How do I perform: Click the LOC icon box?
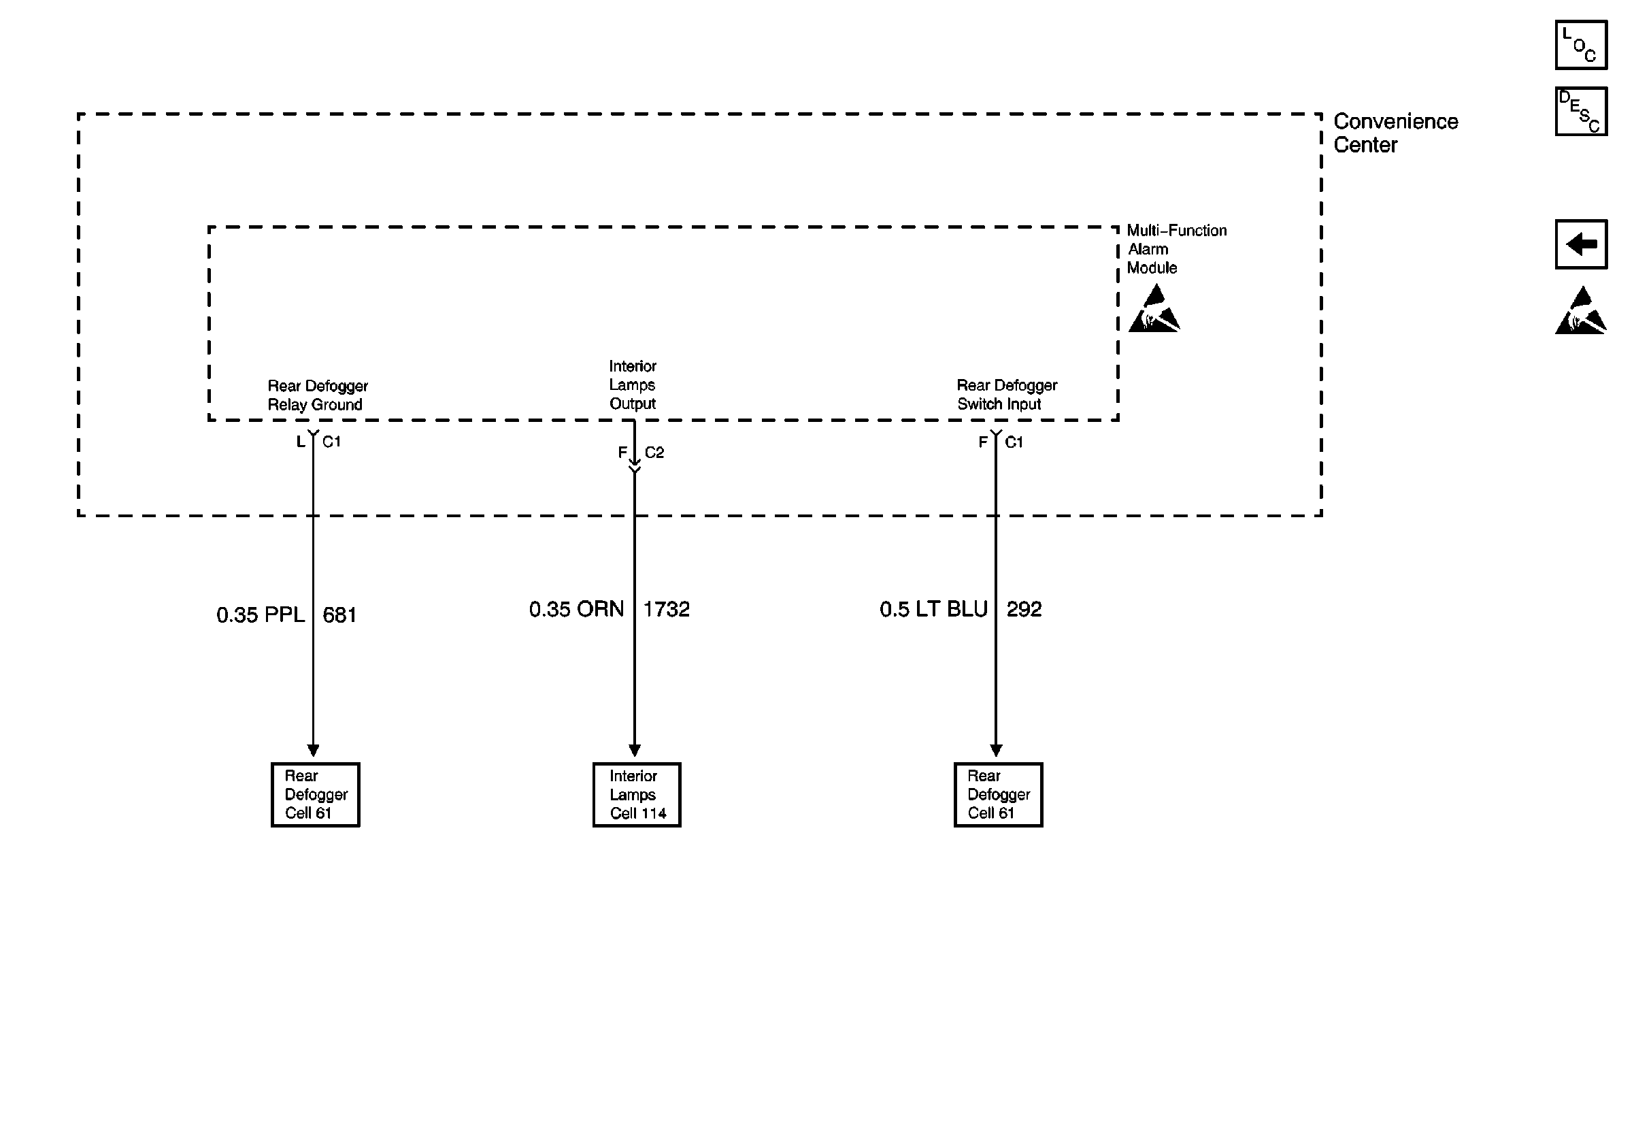coord(1581,45)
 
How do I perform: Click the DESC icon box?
coord(1581,111)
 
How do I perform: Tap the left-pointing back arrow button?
coord(1581,244)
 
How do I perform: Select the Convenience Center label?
coord(1395,133)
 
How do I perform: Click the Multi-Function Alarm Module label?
coord(1176,249)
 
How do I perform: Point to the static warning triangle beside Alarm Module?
coord(1154,309)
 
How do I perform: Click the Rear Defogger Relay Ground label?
coord(318,395)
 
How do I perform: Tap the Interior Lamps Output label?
coord(632,384)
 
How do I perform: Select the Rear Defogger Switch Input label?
coord(1006,394)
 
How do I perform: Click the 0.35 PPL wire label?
coord(261,615)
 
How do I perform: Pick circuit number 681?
coord(339,615)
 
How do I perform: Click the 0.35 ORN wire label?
coord(576,609)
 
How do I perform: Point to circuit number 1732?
coord(666,609)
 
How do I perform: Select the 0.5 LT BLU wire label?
coord(933,609)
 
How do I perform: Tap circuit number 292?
coord(1023,609)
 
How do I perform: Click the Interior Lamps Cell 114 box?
coord(636,794)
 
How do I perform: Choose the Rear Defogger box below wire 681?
coord(315,794)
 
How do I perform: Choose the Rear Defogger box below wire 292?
coord(998,794)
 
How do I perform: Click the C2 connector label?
coord(654,453)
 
